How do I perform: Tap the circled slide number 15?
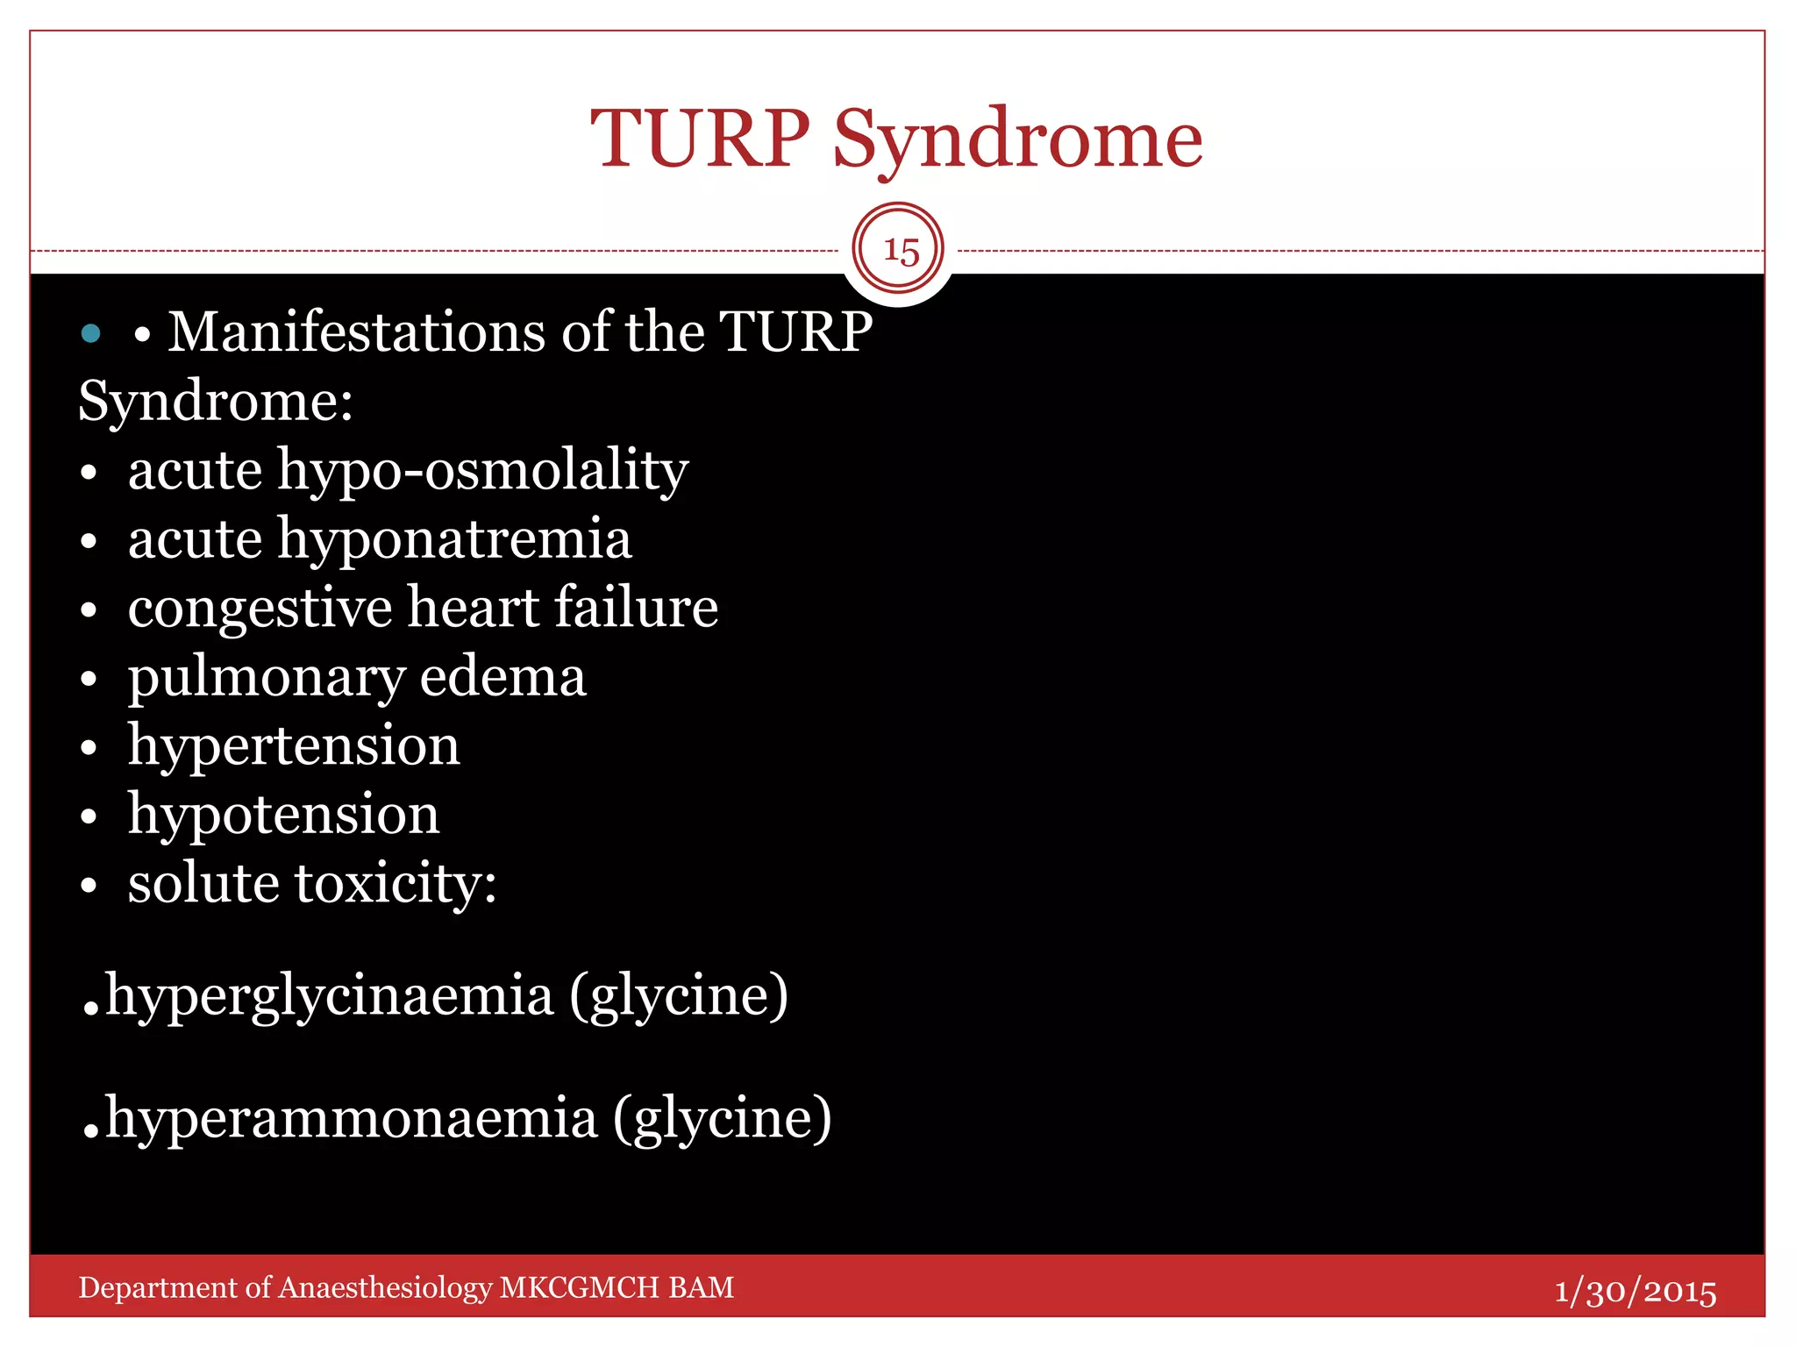pos(899,251)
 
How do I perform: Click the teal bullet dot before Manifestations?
pos(90,333)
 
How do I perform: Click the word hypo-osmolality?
pos(482,471)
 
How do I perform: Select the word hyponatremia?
pos(454,539)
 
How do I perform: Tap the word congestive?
pos(260,609)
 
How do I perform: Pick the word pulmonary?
pos(266,678)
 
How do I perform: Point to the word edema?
pos(502,677)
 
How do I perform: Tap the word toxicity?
pos(396,883)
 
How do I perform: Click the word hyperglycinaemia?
pos(330,997)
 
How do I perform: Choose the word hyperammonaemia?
pos(351,1120)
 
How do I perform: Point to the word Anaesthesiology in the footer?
pos(385,1287)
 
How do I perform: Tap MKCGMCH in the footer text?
pos(579,1287)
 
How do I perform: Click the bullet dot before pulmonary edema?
pos(88,680)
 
